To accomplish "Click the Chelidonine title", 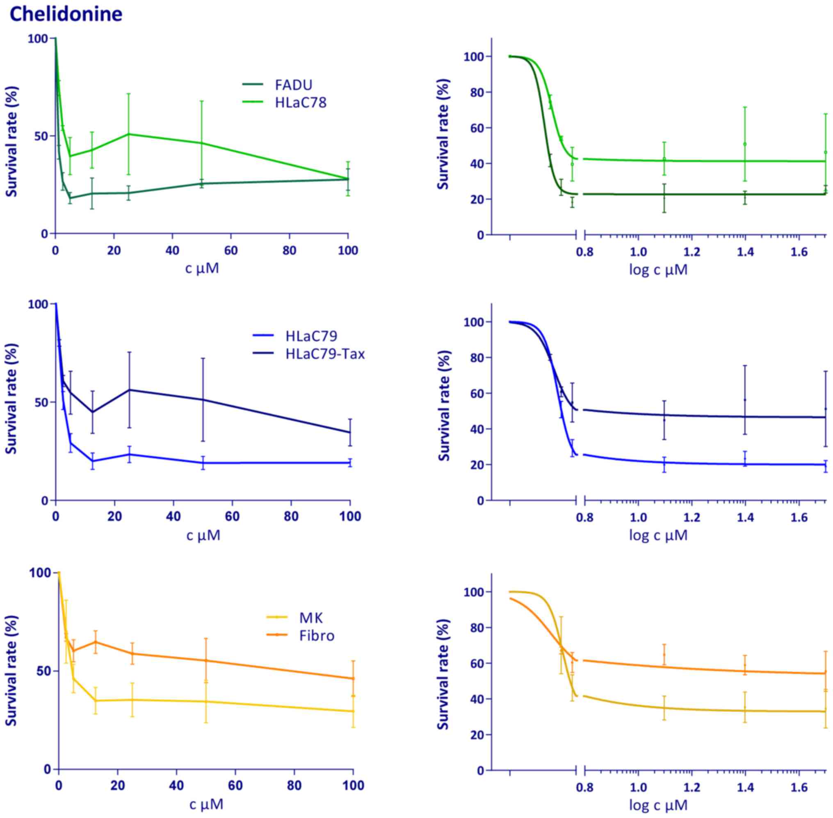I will (66, 14).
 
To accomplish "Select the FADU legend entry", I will (293, 85).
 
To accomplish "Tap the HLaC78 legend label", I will (301, 103).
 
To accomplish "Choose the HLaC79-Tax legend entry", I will (325, 354).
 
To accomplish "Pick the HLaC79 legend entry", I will (311, 336).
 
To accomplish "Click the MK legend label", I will (311, 618).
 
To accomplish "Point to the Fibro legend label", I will (317, 636).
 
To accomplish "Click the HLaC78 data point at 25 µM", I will (128, 134).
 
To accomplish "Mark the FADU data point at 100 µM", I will (348, 179).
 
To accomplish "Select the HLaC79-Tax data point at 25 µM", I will (129, 390).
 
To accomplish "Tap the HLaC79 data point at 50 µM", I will (203, 463).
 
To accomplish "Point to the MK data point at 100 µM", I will (353, 711).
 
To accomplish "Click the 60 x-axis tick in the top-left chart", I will (231, 251).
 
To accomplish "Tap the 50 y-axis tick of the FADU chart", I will (38, 136).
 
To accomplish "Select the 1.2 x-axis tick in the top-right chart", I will (692, 252).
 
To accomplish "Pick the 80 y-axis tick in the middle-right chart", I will (472, 358).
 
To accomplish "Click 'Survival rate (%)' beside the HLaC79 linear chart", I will (12, 399).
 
